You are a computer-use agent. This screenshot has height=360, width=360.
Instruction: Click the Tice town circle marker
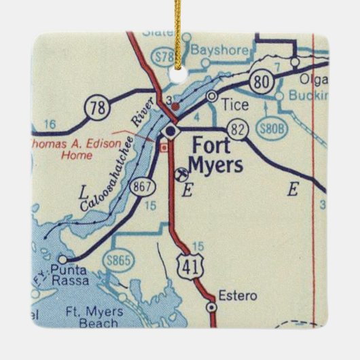(x=212, y=96)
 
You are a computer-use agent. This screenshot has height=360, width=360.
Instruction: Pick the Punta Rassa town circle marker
(x=62, y=259)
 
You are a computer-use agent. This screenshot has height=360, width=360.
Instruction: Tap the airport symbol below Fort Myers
(x=181, y=174)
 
